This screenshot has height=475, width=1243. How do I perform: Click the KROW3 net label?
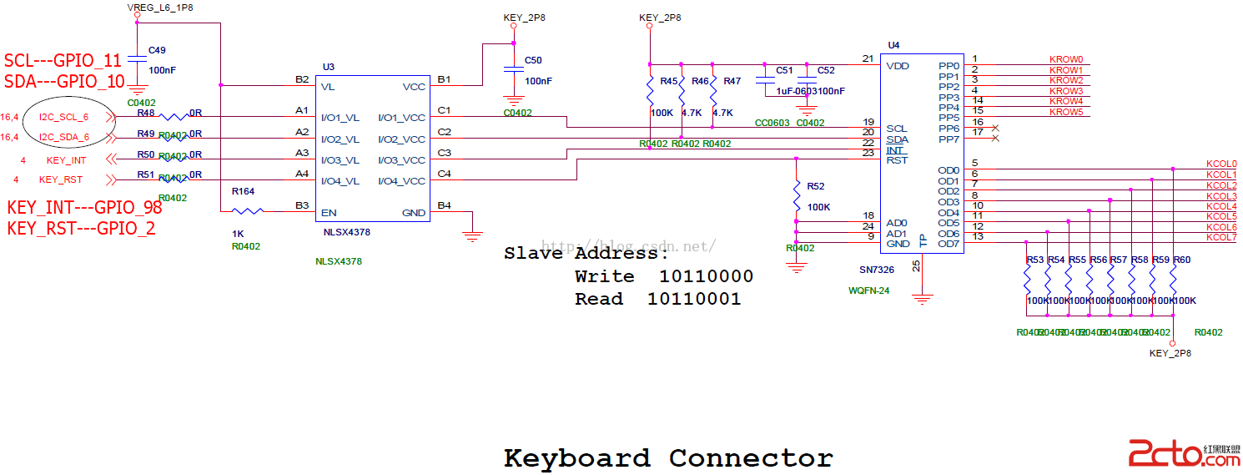[x=1066, y=91]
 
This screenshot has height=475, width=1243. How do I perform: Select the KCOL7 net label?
[x=1221, y=238]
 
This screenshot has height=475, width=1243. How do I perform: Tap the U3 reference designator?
[x=329, y=67]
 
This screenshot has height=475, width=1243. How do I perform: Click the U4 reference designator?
[x=893, y=45]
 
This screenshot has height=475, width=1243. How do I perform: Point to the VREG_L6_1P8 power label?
[x=160, y=8]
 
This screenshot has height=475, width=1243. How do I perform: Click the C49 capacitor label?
[x=157, y=50]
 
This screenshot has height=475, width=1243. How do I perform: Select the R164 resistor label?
[x=243, y=192]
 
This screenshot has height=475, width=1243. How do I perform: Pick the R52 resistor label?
[x=815, y=186]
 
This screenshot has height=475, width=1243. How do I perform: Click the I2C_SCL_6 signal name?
[x=63, y=117]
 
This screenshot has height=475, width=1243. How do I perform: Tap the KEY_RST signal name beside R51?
[x=61, y=180]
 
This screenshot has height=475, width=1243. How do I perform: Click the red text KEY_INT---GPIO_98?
[x=84, y=208]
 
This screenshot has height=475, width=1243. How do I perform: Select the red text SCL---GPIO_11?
[x=63, y=61]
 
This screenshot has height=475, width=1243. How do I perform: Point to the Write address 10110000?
[x=706, y=276]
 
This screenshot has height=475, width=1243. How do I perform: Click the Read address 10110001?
[x=694, y=299]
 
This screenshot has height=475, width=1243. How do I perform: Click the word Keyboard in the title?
[x=576, y=458]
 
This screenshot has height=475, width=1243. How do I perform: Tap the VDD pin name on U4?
[x=898, y=66]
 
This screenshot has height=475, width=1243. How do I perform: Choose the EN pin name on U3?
[x=329, y=213]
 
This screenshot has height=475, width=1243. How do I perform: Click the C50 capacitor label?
[x=533, y=60]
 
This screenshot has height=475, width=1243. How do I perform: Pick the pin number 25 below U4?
[x=916, y=265]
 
